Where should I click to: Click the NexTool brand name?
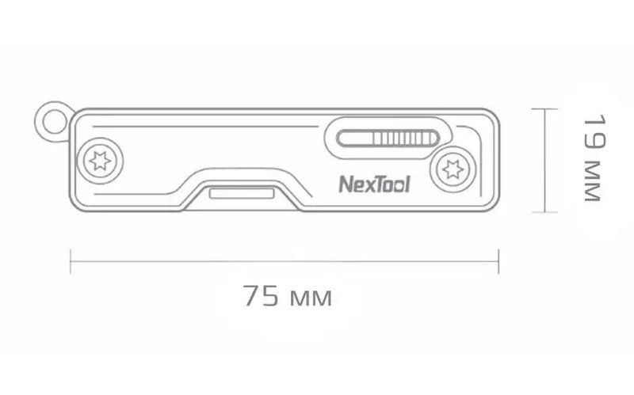(x=374, y=184)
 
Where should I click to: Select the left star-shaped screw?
(x=100, y=161)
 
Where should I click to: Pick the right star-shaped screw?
(x=453, y=169)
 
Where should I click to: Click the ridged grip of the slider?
(x=405, y=138)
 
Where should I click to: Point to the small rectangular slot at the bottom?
(x=242, y=193)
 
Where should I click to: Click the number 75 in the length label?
(x=261, y=295)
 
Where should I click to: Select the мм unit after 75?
(x=311, y=298)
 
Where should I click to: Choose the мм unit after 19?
(x=593, y=181)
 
